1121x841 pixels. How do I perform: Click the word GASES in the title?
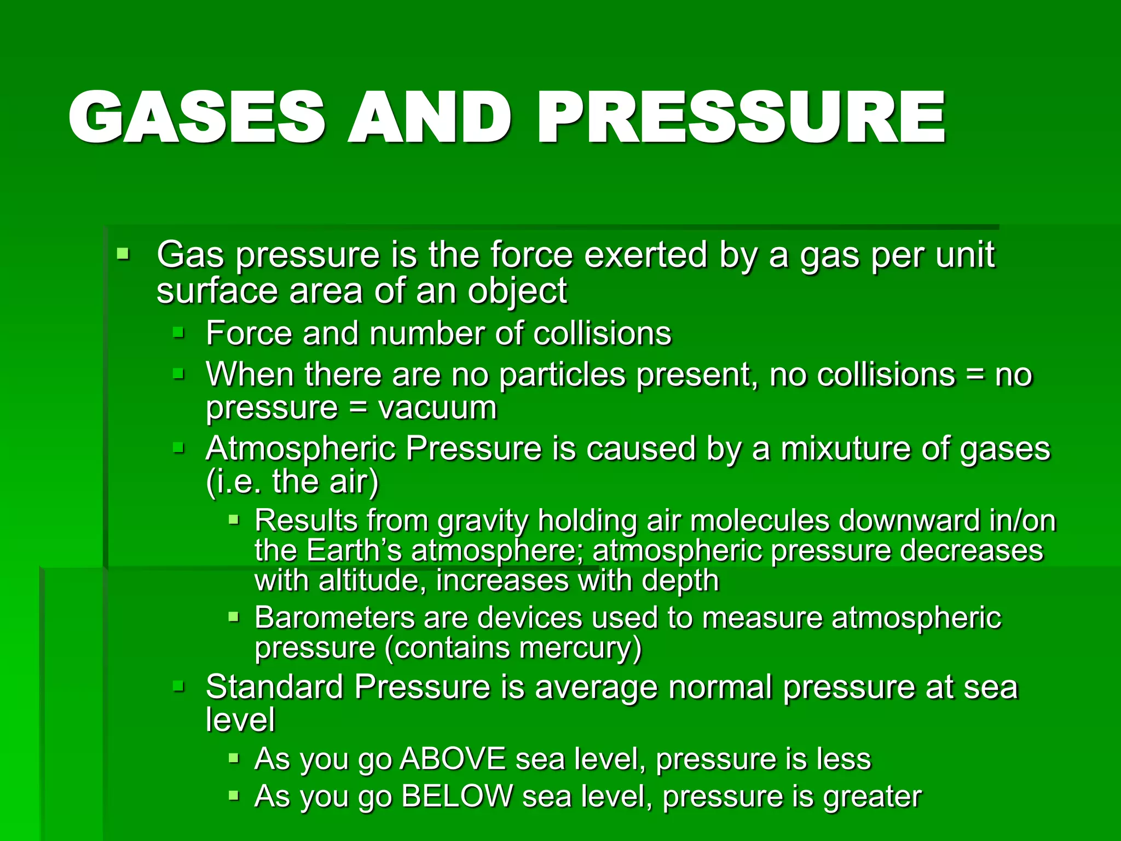pyautogui.click(x=197, y=118)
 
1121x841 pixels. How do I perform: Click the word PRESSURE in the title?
pyautogui.click(x=742, y=118)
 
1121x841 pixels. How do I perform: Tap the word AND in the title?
pyautogui.click(x=430, y=118)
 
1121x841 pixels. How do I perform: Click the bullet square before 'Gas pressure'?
pyautogui.click(x=123, y=254)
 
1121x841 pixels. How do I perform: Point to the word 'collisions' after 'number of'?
pyautogui.click(x=602, y=333)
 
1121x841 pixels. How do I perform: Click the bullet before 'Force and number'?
pyautogui.click(x=178, y=332)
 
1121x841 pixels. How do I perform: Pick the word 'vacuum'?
pyautogui.click(x=437, y=408)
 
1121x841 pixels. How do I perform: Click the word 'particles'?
pyautogui.click(x=562, y=376)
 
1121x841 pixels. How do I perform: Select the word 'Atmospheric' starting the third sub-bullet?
pyautogui.click(x=301, y=449)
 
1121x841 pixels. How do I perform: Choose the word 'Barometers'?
pyautogui.click(x=334, y=618)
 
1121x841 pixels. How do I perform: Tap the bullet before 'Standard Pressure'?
pyautogui.click(x=178, y=686)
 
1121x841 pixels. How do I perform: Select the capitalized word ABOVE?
pyautogui.click(x=453, y=759)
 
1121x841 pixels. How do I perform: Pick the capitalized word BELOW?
pyautogui.click(x=457, y=797)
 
